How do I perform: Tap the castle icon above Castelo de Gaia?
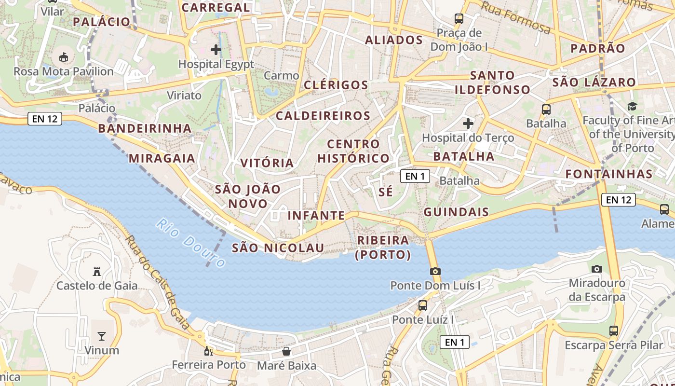tap(97, 272)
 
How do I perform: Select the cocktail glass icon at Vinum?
tap(102, 336)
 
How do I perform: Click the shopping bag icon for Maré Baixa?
tap(286, 351)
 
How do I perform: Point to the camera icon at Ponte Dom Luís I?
tap(435, 271)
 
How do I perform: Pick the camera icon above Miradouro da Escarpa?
tap(597, 269)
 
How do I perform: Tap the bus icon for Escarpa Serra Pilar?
tap(614, 331)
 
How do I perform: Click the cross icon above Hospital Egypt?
tap(216, 49)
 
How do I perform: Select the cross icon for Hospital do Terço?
tap(468, 124)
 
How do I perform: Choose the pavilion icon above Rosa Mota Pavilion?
tap(63, 57)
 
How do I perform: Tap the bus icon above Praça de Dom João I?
tap(459, 19)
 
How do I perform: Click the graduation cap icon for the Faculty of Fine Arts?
tap(632, 106)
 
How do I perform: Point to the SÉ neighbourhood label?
tap(386, 192)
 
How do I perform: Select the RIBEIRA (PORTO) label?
tap(383, 248)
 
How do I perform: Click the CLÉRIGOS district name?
tap(336, 85)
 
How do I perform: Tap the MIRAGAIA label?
tap(162, 158)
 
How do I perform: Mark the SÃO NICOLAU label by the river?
tap(278, 248)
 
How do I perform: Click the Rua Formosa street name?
tap(516, 18)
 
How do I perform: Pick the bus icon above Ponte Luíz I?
tap(423, 305)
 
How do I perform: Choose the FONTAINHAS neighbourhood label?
tap(609, 174)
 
